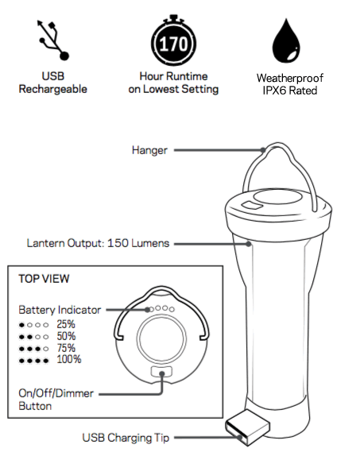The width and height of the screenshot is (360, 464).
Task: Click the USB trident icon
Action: point(52,40)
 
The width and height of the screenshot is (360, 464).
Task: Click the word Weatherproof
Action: point(290,78)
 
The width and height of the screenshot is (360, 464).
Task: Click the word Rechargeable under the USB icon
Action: point(52,89)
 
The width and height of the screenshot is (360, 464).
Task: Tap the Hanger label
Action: point(149,150)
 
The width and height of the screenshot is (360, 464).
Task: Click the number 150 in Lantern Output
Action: point(118,243)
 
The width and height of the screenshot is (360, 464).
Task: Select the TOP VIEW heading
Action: point(44,279)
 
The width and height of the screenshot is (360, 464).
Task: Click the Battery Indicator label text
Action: point(60,310)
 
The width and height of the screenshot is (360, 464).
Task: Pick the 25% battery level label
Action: point(66,324)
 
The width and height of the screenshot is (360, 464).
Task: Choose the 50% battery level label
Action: point(66,336)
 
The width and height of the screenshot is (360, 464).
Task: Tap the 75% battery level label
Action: point(66,348)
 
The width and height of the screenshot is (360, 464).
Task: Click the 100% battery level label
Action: point(69,360)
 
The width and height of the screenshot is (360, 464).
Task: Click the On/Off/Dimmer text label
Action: point(56,393)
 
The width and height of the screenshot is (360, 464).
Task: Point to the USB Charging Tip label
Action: point(126,438)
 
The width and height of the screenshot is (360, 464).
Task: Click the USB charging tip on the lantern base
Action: point(247,427)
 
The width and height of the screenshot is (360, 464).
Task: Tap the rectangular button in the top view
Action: point(161,372)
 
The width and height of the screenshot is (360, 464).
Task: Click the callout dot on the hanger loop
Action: point(263,150)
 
